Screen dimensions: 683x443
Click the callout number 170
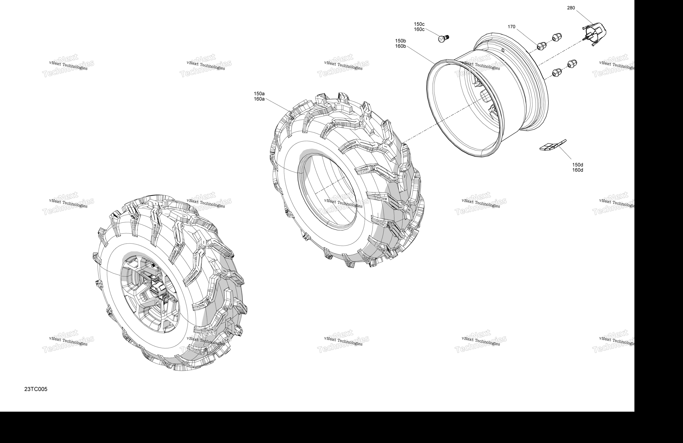[511, 27]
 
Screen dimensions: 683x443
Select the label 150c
[419, 24]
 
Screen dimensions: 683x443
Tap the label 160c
[419, 29]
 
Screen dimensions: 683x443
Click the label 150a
[259, 94]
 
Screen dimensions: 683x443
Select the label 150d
[578, 165]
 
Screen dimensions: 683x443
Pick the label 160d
[578, 170]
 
